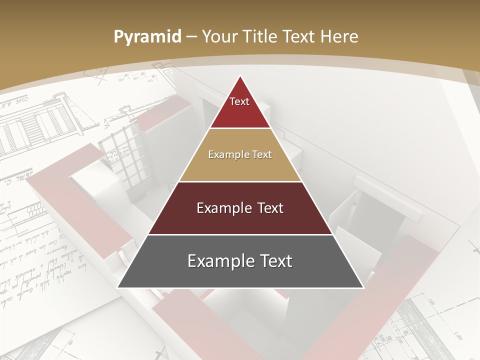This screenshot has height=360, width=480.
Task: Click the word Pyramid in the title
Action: tap(147, 37)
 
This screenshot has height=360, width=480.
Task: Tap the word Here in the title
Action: tap(339, 36)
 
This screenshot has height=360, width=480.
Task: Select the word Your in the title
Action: tap(219, 36)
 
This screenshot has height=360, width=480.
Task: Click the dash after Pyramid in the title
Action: tap(191, 37)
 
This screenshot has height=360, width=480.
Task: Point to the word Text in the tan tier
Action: tap(262, 154)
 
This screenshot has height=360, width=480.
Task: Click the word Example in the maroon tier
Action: tap(224, 208)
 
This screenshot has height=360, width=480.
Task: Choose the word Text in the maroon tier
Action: tap(269, 208)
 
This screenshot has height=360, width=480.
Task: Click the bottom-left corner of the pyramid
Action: tap(118, 287)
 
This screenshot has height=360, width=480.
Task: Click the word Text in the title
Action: tap(299, 36)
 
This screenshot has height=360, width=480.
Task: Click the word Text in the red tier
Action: tap(239, 101)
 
